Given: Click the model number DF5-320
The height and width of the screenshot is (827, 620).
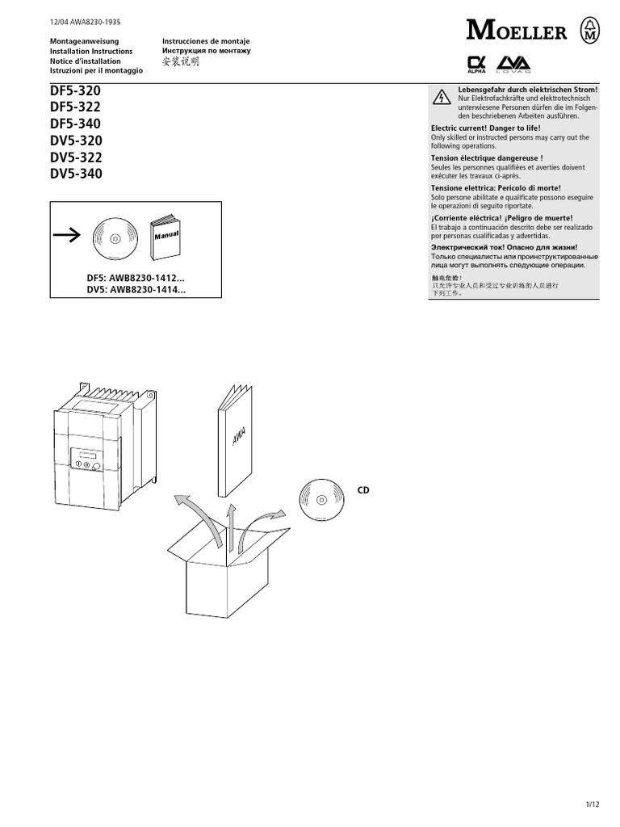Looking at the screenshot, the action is pos(76,91).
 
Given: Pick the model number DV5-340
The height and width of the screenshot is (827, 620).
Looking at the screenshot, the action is pos(76,173).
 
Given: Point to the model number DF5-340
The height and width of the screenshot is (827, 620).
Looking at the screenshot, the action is pos(76,124).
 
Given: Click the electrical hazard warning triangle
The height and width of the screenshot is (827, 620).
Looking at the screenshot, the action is pos(442,98).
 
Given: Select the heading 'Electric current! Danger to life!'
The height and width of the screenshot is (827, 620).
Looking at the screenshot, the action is pos(486,128).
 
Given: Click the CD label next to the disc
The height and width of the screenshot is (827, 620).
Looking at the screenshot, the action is pos(363,490).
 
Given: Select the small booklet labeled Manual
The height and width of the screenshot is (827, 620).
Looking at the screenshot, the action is pos(167,234).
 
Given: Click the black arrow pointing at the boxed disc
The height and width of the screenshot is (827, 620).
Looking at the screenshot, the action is pos(67,235).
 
